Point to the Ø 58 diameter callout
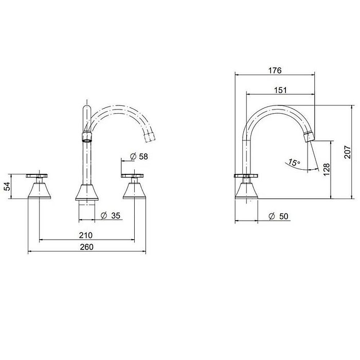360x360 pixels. coord(136,156)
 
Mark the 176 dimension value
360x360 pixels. coord(275,70)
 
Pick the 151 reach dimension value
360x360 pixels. coord(280,89)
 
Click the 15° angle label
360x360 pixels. coord(294,163)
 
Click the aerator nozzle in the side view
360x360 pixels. coord(309,135)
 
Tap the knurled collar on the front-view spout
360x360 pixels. coord(87,136)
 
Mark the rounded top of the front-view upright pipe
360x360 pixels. coord(86,109)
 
